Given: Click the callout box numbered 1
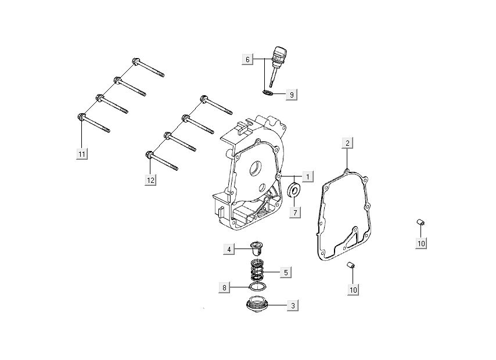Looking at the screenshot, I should pos(308,175).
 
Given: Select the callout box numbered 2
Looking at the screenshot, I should pos(347,143).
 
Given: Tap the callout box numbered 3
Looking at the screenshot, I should pos(294,305).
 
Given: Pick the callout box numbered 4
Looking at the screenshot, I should pos(229,249).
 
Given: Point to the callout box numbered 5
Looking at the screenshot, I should pos(286,271).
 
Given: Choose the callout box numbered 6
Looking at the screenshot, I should pos(247,59).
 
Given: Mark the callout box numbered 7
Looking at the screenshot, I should pos(294,212).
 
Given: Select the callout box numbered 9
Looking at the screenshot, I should pos(292,93).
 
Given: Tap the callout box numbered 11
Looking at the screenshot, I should pos(82,153).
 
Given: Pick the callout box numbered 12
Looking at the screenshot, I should pos(150,180).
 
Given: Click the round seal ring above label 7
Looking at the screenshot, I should pos(295,190).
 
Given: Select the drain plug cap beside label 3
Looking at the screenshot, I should pos(255,305).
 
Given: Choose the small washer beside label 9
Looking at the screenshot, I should pos(268,92).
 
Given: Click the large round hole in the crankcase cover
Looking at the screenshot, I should pos(254,168).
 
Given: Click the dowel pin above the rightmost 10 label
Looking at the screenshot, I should pos(420,222).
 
